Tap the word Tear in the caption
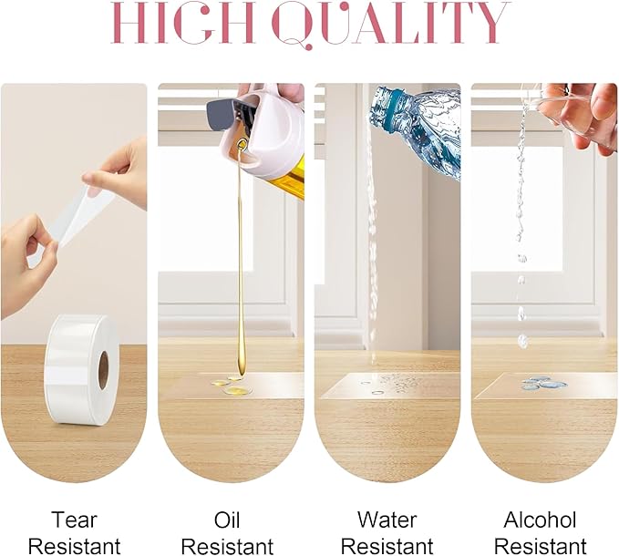pyautogui.click(x=74, y=520)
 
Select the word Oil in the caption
pyautogui.click(x=227, y=520)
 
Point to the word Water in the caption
pyautogui.click(x=387, y=520)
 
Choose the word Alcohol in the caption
pyautogui.click(x=540, y=520)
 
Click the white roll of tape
pyautogui.click(x=82, y=370)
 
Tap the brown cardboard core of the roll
pyautogui.click(x=103, y=370)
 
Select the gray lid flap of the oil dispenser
pyautogui.click(x=221, y=116)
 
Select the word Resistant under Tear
pyautogui.click(x=74, y=547)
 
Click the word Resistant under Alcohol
pyautogui.click(x=540, y=547)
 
